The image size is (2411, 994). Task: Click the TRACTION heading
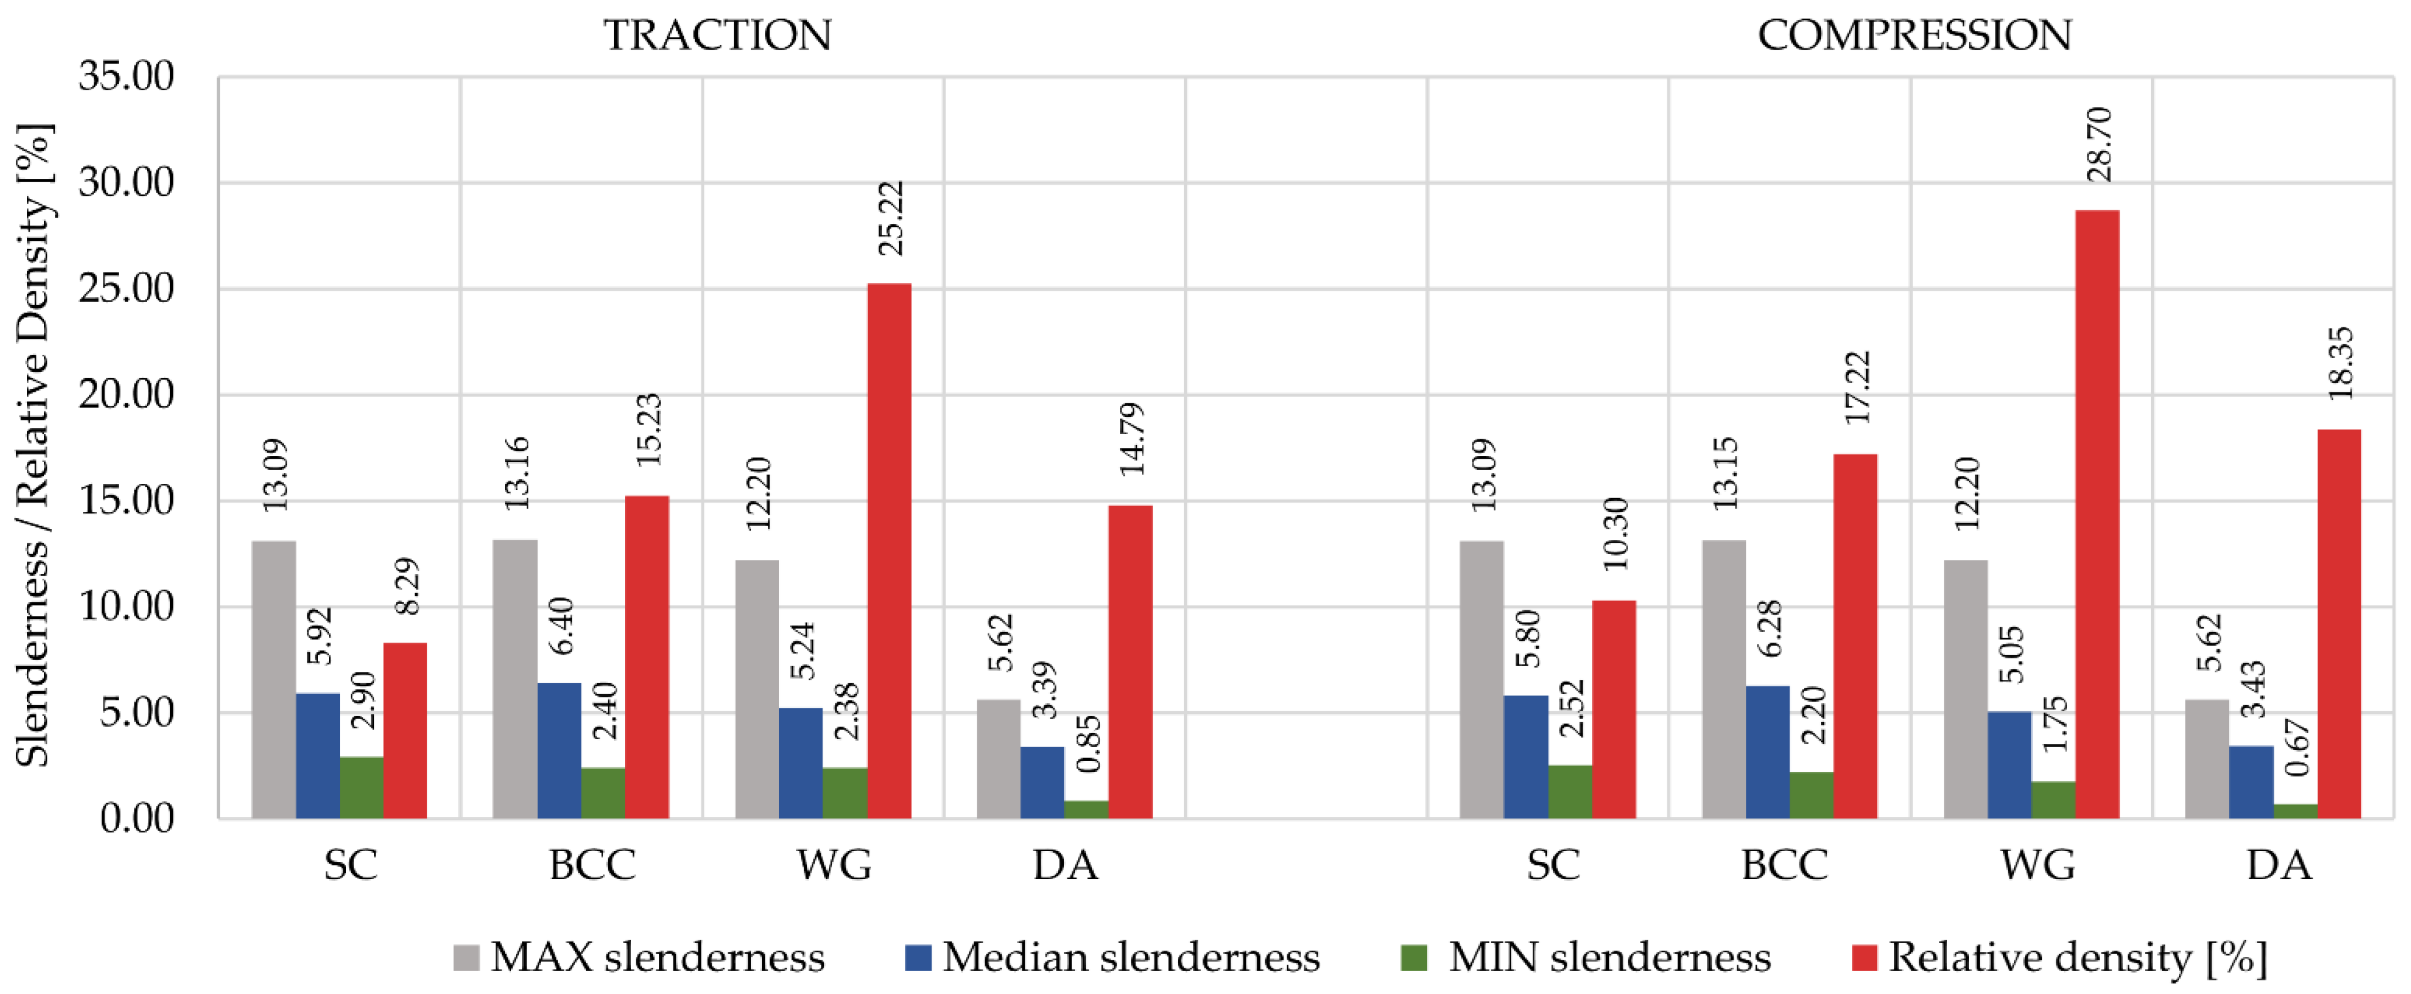[717, 35]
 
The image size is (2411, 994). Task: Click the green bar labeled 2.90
[361, 787]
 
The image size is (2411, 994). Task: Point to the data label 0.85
[1089, 744]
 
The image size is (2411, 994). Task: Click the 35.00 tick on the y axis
[126, 77]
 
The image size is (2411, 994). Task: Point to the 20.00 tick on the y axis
[126, 395]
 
